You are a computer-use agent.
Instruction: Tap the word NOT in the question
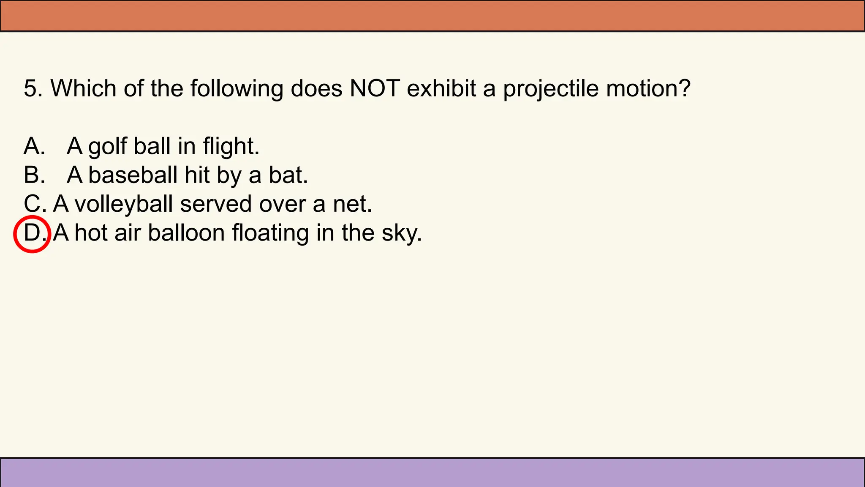(375, 89)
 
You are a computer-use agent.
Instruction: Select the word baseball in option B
(133, 175)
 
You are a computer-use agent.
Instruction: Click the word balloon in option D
(186, 233)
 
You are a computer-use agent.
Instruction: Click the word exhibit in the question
(441, 89)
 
